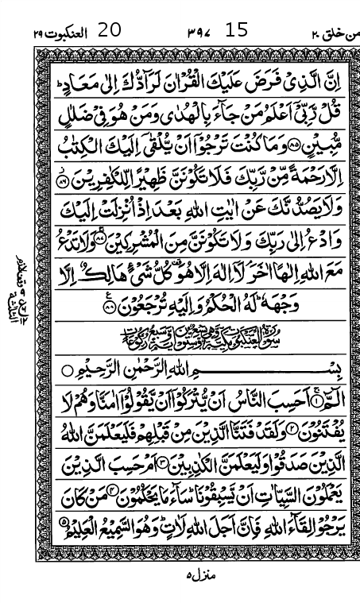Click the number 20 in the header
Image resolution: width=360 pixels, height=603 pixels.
(109, 31)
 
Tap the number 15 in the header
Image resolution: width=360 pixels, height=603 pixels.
(237, 31)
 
